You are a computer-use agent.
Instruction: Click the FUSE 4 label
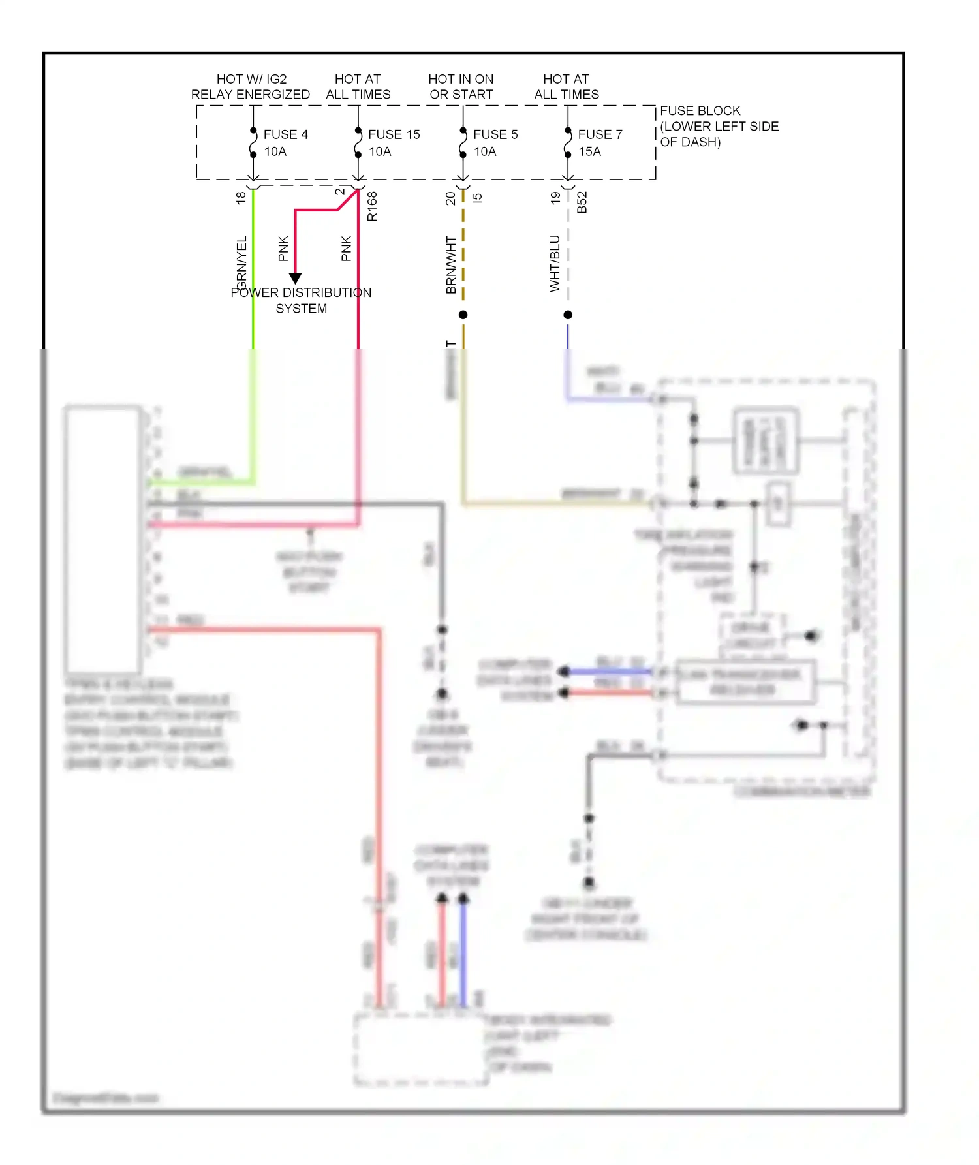point(285,134)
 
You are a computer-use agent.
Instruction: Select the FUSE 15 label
point(394,134)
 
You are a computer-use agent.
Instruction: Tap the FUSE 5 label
point(495,134)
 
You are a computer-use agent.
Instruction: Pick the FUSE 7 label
point(600,134)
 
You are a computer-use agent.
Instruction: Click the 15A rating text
point(589,151)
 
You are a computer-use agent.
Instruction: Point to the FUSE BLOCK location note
point(719,126)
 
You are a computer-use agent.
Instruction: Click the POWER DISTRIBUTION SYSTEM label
point(301,300)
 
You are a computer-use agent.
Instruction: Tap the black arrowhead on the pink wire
point(295,278)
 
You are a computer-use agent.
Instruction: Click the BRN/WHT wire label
point(451,264)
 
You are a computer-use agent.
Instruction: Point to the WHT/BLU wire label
point(555,263)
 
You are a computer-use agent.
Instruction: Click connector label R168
point(372,206)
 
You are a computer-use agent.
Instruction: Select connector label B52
point(582,202)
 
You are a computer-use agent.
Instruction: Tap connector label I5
point(477,197)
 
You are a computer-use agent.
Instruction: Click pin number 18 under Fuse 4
point(241,197)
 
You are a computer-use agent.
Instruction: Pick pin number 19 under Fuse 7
point(555,197)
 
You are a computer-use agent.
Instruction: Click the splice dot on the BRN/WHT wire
point(463,315)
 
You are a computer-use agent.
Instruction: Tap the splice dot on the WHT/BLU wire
point(568,315)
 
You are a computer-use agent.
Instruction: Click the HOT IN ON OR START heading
point(461,87)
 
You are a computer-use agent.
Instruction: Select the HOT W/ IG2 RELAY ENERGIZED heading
point(251,87)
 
